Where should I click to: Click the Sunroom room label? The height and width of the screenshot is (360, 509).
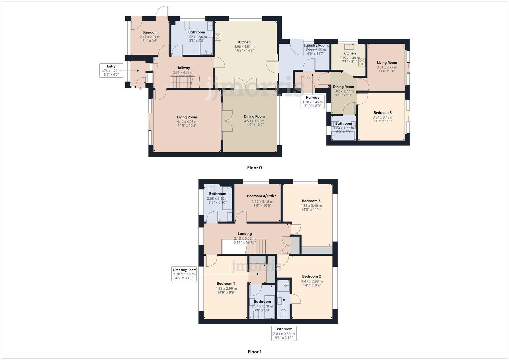[x=150, y=32]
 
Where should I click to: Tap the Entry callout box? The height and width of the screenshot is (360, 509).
[x=111, y=71]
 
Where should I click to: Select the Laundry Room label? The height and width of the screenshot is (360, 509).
[x=315, y=45]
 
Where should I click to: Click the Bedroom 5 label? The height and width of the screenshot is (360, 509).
[x=383, y=113]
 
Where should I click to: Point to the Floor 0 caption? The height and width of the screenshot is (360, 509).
[x=254, y=168]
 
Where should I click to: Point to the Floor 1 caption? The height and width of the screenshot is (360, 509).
[x=254, y=352]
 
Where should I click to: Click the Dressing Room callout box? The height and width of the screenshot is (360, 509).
[x=184, y=274]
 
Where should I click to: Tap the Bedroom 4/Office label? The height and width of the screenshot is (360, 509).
[x=262, y=196]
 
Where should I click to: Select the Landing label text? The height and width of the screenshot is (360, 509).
[x=245, y=234]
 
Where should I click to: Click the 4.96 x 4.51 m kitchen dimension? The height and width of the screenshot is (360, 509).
[x=244, y=47]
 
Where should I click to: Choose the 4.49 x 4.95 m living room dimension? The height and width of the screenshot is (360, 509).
[x=187, y=122]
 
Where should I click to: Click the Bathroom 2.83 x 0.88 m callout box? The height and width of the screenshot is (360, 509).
[x=284, y=333]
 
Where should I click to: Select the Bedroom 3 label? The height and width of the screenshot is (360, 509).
[x=311, y=201]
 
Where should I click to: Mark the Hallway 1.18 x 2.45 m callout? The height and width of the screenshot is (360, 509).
[x=312, y=102]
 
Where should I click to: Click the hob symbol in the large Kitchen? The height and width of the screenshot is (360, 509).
[x=218, y=36]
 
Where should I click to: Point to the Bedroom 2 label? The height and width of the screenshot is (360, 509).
[x=311, y=276]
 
